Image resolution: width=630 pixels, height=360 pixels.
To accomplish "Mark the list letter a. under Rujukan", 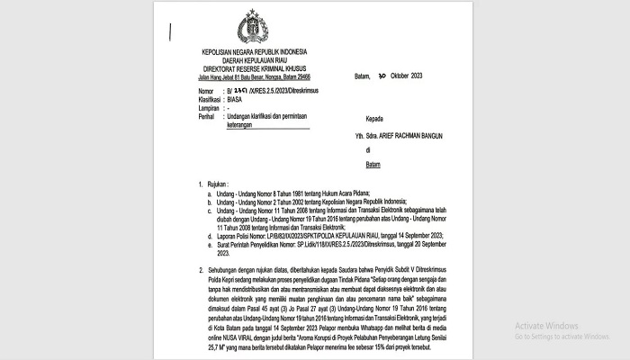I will point(209,193).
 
